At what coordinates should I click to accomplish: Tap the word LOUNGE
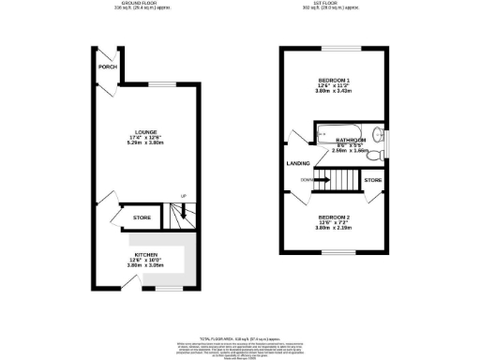144,131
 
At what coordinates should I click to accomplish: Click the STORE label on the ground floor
142,217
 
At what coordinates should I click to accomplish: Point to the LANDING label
298,163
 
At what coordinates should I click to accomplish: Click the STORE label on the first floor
372,178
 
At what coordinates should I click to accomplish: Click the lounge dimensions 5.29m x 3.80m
144,143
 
